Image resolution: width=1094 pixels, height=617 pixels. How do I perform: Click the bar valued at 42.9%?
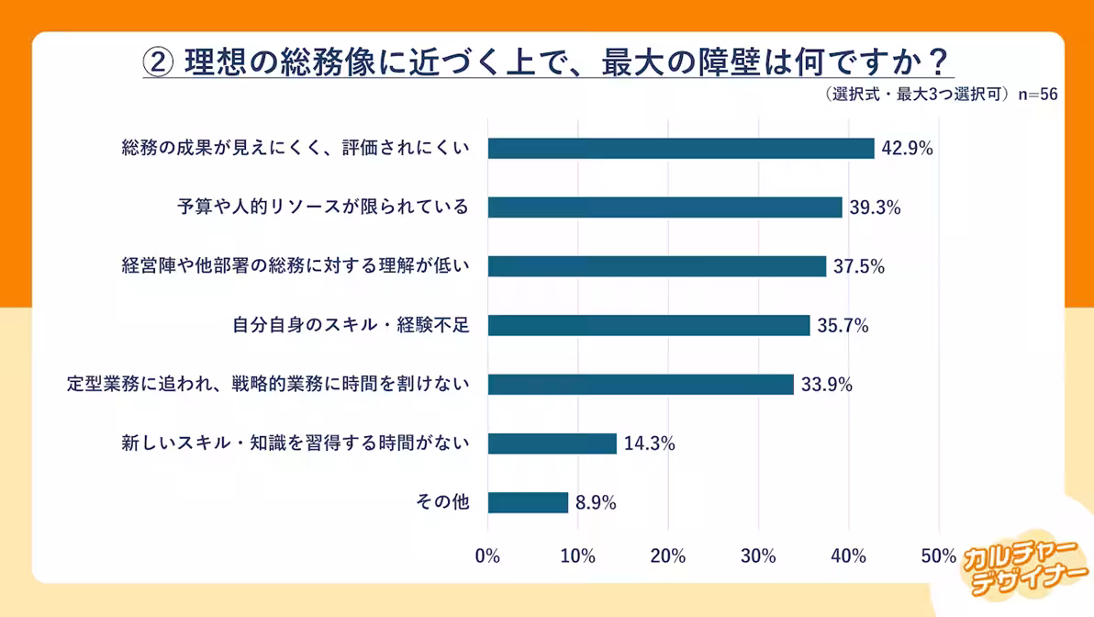click(x=680, y=148)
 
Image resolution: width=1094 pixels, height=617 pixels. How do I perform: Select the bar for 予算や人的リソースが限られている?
click(x=664, y=208)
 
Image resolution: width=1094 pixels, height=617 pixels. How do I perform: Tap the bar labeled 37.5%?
click(x=656, y=266)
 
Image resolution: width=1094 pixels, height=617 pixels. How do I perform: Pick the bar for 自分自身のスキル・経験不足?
click(x=648, y=325)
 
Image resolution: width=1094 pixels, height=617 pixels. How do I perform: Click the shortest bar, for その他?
click(x=528, y=502)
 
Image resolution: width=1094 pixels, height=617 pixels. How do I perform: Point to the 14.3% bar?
click(x=552, y=443)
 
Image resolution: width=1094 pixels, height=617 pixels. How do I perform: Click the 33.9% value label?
click(x=827, y=385)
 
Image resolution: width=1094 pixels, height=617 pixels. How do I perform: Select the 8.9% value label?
click(x=596, y=502)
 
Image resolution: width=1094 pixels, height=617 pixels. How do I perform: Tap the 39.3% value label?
click(x=875, y=208)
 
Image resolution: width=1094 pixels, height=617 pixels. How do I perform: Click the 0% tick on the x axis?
click(x=487, y=556)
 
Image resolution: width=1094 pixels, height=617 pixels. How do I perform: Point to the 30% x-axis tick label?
click(x=758, y=556)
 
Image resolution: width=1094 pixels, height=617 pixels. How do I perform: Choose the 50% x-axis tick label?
click(x=938, y=556)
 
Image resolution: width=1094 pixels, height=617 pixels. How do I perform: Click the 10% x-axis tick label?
click(x=577, y=556)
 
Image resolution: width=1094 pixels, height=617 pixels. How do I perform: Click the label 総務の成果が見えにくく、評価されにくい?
click(x=296, y=148)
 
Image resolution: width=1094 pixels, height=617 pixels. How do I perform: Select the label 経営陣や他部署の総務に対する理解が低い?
click(x=296, y=266)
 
